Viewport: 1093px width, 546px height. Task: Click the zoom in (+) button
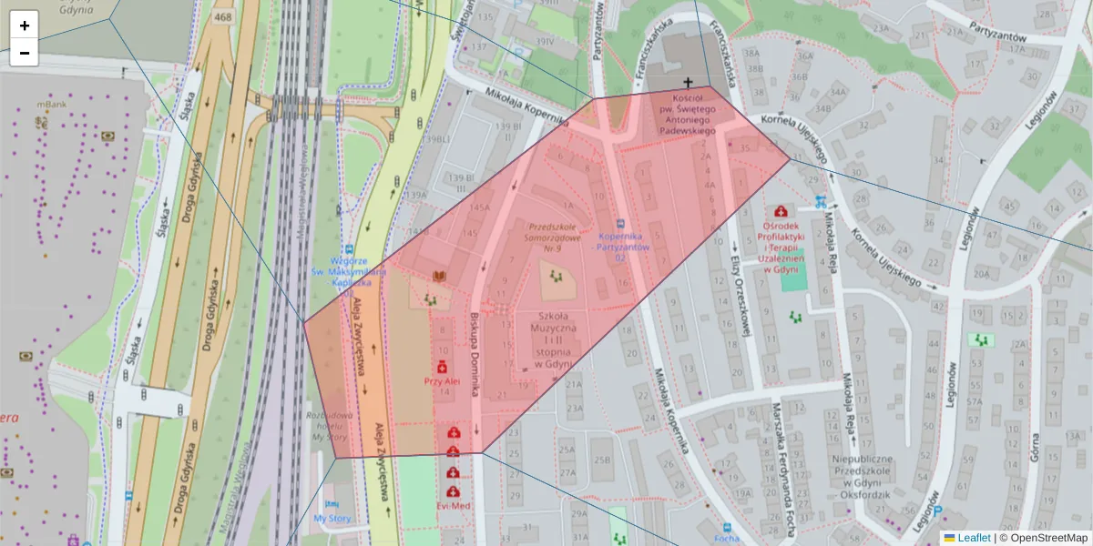click(x=25, y=25)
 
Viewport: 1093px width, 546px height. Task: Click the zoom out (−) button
click(x=25, y=53)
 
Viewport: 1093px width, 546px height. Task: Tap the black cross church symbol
click(x=688, y=83)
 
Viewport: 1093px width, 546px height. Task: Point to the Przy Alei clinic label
click(x=442, y=381)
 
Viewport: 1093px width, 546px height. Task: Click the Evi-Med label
click(x=452, y=506)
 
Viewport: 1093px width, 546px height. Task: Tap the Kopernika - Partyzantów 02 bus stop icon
click(x=621, y=223)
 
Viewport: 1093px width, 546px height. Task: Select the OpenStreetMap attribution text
click(x=1043, y=538)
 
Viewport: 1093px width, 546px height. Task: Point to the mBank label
click(x=54, y=105)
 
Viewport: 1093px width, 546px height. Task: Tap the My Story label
click(x=332, y=518)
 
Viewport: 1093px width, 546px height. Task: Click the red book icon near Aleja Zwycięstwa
click(x=440, y=277)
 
